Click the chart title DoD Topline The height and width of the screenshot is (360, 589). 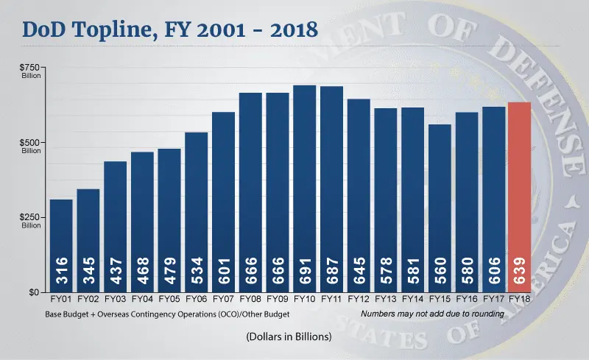169,30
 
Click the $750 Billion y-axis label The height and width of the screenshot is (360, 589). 31,71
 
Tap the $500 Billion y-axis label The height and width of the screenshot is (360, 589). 31,146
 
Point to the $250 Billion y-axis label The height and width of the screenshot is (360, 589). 31,221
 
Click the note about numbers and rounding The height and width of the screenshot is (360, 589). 432,314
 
